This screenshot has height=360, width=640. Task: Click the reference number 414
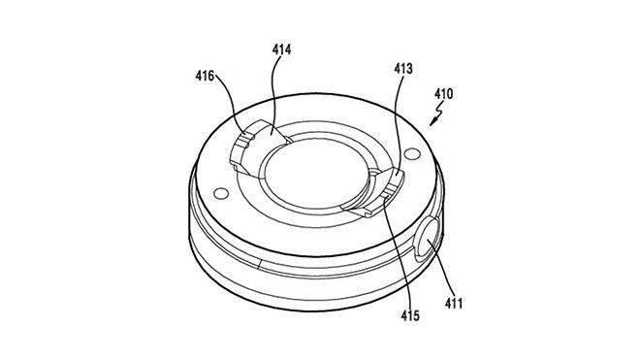point(281,49)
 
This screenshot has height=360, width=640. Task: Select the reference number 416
point(205,76)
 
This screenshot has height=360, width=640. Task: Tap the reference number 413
point(403,69)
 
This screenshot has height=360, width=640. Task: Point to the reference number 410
point(444,94)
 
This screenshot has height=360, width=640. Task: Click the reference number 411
point(454,303)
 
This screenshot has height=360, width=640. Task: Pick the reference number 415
point(410,315)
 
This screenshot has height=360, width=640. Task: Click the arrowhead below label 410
point(433,121)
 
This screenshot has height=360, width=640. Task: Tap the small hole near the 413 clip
point(412,154)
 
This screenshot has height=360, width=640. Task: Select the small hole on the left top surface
point(221,193)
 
